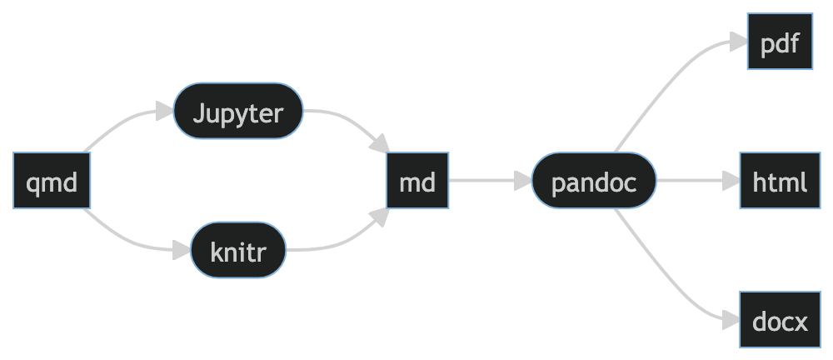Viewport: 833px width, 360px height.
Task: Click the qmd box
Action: click(x=52, y=181)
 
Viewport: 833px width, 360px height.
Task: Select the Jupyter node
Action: click(x=238, y=112)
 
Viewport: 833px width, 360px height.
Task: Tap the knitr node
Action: click(x=238, y=250)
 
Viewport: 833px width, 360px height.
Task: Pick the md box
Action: click(x=417, y=181)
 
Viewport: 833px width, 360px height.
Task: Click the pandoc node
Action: click(x=594, y=181)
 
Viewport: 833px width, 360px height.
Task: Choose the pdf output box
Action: click(x=780, y=42)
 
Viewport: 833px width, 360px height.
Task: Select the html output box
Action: click(x=780, y=181)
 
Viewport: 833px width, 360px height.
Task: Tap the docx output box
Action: click(x=780, y=320)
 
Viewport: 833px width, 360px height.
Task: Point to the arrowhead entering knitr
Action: click(x=181, y=250)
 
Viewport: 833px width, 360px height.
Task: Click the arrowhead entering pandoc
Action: click(x=523, y=181)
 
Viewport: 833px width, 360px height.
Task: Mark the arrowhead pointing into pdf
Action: click(x=737, y=42)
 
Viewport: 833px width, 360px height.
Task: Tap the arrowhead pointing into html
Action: click(x=731, y=181)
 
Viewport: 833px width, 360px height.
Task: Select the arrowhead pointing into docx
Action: click(x=730, y=320)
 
